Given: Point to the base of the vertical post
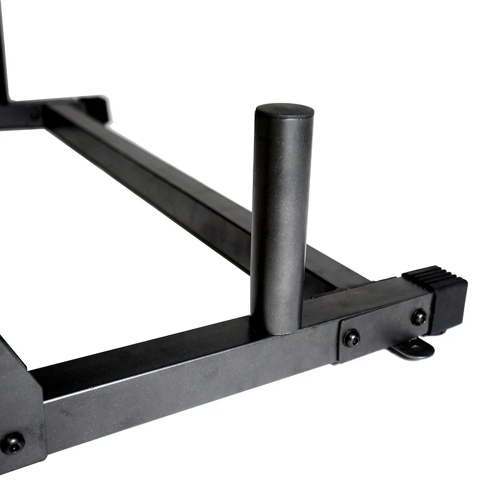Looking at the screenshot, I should pyautogui.click(x=276, y=323).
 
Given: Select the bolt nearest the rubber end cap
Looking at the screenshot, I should pyautogui.click(x=419, y=318).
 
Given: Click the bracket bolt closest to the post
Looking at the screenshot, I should pyautogui.click(x=352, y=338).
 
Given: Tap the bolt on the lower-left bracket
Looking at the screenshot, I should pyautogui.click(x=13, y=442).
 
